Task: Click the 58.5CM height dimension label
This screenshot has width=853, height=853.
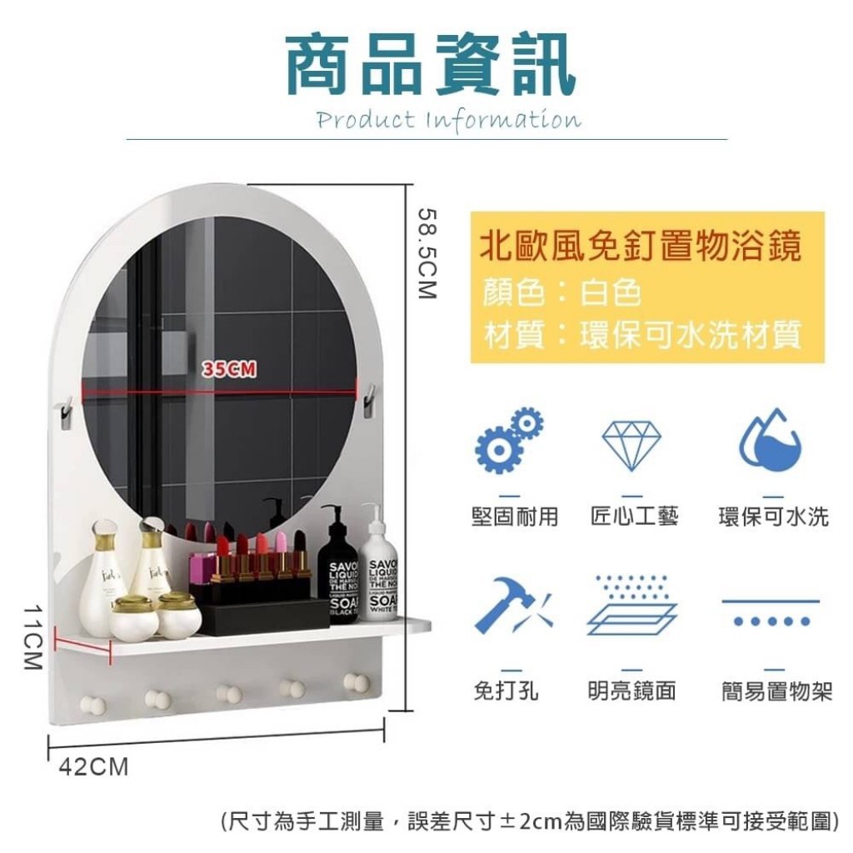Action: [427, 252]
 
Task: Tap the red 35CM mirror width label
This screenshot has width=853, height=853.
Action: [229, 369]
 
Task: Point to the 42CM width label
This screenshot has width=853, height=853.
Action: [93, 767]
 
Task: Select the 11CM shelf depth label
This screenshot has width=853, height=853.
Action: [32, 637]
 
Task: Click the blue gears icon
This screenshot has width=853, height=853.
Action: [509, 439]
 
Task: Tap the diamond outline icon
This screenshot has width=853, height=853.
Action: [631, 445]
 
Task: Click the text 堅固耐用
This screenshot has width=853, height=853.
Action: [515, 516]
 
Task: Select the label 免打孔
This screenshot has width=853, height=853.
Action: [506, 691]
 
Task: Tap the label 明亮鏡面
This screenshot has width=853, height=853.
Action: [631, 691]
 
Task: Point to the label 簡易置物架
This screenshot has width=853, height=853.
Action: [777, 691]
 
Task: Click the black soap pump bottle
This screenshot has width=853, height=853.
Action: [338, 568]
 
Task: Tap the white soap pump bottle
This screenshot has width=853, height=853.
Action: [379, 566]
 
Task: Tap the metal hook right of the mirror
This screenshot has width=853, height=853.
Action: [369, 400]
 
